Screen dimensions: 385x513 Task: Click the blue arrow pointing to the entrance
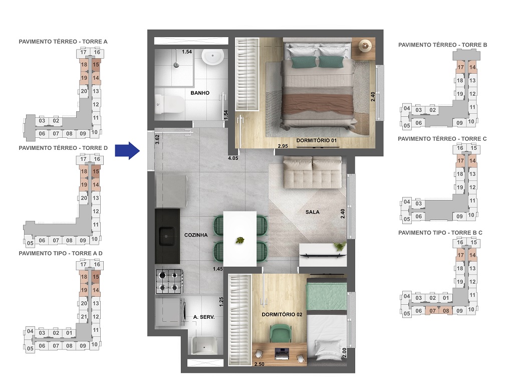click(x=127, y=150)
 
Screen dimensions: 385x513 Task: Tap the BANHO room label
click(x=200, y=93)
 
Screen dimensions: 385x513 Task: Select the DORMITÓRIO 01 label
click(x=316, y=141)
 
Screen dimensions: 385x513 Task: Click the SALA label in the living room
click(x=313, y=212)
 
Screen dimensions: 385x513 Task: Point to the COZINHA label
click(x=196, y=235)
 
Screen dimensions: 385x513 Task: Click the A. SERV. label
click(x=204, y=317)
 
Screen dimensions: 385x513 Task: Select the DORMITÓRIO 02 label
click(x=282, y=314)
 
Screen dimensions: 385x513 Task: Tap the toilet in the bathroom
click(x=169, y=104)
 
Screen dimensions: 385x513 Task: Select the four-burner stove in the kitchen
click(x=169, y=281)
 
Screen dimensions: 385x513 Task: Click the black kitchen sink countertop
click(x=167, y=236)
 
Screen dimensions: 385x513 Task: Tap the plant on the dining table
click(x=240, y=241)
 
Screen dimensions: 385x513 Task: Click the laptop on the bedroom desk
click(x=282, y=353)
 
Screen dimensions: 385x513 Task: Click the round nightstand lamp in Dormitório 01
click(x=365, y=46)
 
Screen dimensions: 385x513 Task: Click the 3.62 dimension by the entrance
click(x=157, y=139)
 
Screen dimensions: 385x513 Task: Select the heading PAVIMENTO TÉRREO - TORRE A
click(x=63, y=42)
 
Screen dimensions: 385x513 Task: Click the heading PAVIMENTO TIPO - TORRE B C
click(x=440, y=233)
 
